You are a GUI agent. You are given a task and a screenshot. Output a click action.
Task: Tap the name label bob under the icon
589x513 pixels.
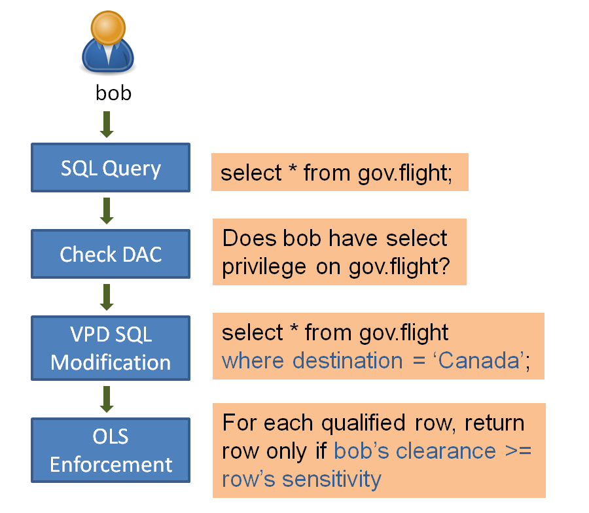click(x=113, y=93)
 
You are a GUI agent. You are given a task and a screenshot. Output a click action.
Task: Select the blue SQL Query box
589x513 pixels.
click(x=111, y=169)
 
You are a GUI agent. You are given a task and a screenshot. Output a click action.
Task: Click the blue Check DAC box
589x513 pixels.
click(x=111, y=254)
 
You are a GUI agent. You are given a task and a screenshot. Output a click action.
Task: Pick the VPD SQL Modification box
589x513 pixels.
click(x=111, y=348)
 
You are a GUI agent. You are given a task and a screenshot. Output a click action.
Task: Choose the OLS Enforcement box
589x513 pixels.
click(x=111, y=451)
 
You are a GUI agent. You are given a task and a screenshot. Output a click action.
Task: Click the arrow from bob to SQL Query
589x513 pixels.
click(x=107, y=125)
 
